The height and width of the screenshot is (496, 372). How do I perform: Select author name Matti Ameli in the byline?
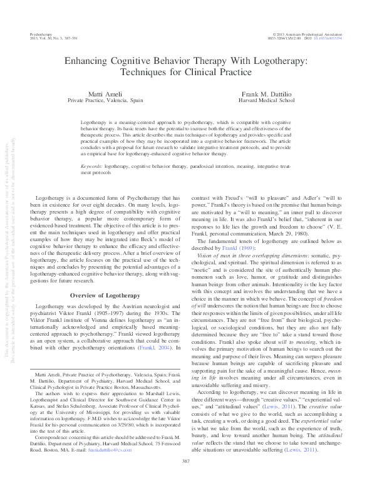(105, 93)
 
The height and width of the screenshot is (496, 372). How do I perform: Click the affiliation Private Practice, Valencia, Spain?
(105, 100)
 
